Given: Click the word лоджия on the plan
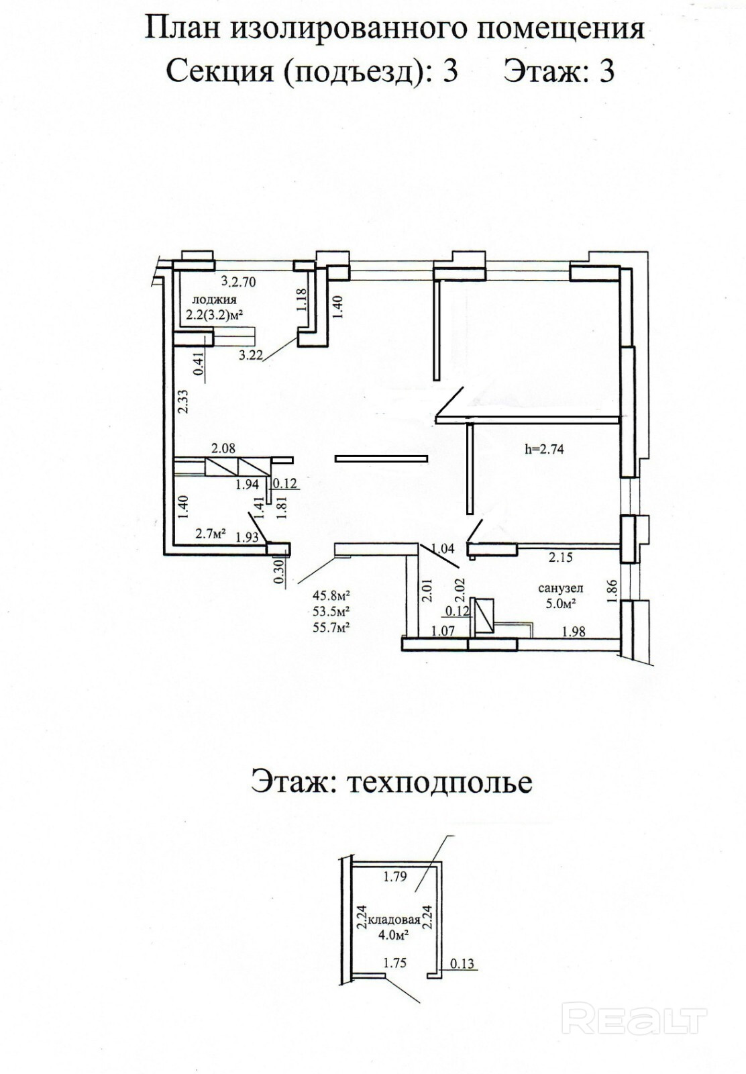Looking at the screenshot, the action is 214,299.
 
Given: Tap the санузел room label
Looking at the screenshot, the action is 560,588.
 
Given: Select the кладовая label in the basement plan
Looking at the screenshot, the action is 398,920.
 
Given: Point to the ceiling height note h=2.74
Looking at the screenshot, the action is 543,450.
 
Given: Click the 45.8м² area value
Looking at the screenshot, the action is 332,595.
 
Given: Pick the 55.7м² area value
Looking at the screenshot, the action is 332,627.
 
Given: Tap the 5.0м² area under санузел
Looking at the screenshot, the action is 561,603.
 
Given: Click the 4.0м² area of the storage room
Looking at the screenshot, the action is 395,933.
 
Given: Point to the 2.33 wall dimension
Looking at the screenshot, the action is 182,401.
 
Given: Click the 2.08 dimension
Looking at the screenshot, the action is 223,448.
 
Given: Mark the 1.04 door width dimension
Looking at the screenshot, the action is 443,549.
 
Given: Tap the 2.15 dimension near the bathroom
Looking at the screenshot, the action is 560,556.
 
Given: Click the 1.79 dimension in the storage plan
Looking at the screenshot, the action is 395,876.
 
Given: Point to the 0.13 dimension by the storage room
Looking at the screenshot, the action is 462,965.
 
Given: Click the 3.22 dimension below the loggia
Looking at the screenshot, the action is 250,356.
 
